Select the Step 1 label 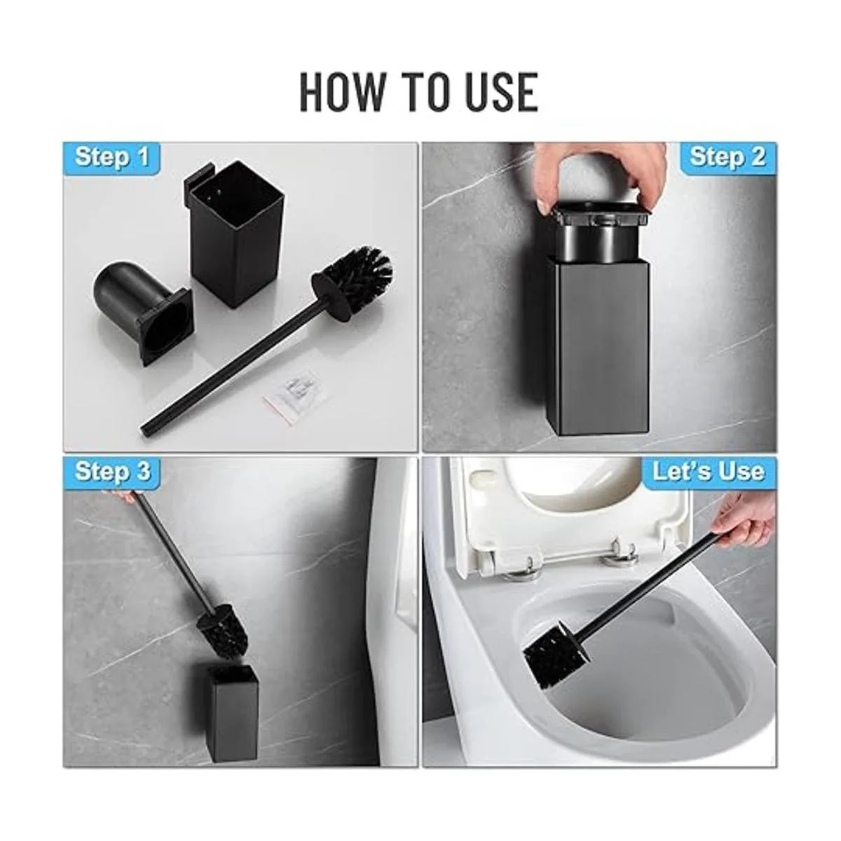112,157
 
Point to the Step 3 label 113,472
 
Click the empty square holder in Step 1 235,233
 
